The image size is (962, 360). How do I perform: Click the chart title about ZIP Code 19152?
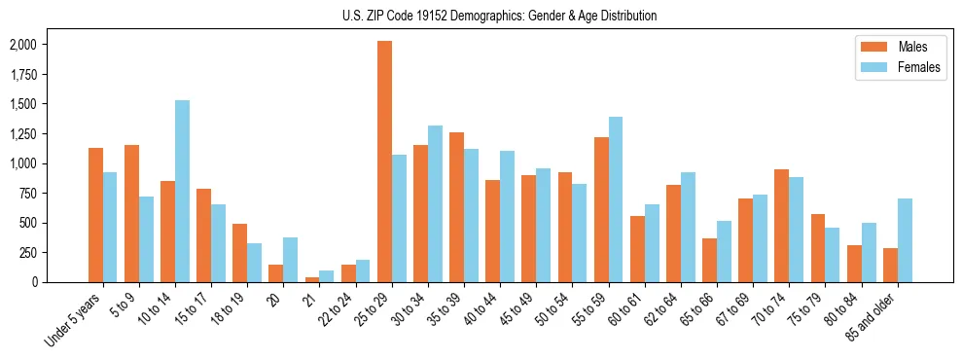(x=500, y=16)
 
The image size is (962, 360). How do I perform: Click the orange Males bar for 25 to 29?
(x=384, y=162)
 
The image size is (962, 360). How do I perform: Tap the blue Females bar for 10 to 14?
(x=183, y=191)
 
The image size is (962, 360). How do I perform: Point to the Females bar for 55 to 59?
(x=616, y=199)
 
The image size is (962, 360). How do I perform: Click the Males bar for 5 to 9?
(x=131, y=213)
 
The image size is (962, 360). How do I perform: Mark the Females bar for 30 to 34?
(x=435, y=203)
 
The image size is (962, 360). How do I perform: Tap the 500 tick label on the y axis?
(x=28, y=223)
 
